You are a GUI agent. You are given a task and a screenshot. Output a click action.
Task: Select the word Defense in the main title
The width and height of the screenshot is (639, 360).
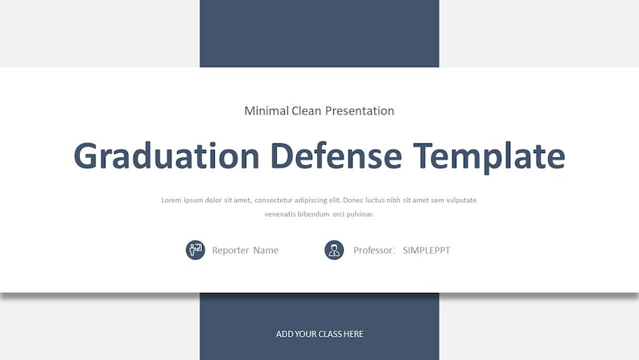click(x=336, y=155)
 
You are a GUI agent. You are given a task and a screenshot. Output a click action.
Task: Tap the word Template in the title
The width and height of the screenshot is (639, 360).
click(x=489, y=155)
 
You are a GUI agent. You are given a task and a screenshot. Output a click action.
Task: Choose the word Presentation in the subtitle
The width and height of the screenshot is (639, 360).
click(x=360, y=111)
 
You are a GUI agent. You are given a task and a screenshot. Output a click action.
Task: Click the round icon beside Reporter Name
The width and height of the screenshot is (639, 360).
click(x=196, y=250)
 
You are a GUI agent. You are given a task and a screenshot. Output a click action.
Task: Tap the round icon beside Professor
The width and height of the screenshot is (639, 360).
click(x=334, y=250)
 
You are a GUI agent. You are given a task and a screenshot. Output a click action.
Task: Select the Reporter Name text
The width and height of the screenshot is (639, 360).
click(x=245, y=250)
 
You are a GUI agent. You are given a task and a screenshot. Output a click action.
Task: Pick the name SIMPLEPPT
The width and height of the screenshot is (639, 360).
click(x=427, y=250)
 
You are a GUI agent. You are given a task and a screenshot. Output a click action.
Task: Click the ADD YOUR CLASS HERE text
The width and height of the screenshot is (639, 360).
click(x=319, y=334)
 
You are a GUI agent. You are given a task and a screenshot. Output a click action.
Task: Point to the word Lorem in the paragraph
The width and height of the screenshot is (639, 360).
click(x=171, y=200)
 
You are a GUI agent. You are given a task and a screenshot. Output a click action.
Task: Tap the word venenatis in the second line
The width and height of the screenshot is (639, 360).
click(x=280, y=214)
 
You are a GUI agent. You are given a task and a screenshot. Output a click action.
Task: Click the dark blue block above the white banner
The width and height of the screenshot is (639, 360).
click(x=319, y=33)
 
